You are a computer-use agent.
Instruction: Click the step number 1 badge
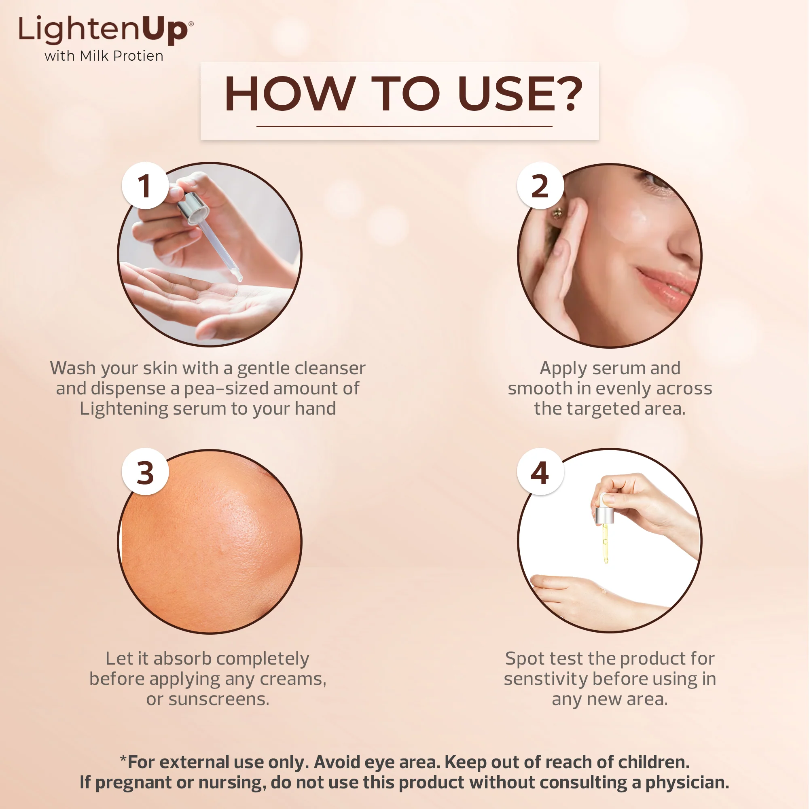145,186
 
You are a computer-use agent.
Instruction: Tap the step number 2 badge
540,186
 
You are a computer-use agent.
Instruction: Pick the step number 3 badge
145,472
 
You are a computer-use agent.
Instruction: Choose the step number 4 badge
540,472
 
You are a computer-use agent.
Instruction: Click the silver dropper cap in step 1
193,207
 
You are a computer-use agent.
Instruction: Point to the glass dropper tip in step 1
237,275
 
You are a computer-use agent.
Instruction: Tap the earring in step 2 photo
557,214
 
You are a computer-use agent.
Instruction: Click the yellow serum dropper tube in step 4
605,542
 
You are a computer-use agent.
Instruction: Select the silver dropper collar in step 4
605,515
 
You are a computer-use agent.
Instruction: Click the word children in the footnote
653,762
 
